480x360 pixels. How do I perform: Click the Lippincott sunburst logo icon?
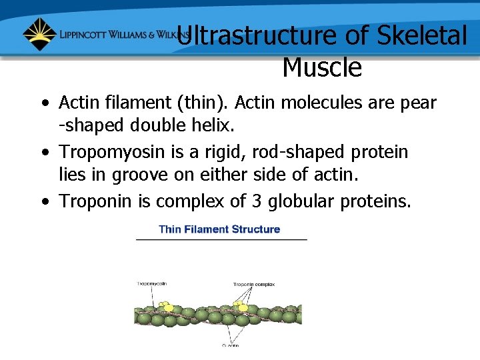[x=39, y=34]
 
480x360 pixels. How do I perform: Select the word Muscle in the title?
[x=322, y=67]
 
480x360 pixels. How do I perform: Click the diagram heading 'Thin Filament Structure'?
[x=219, y=229]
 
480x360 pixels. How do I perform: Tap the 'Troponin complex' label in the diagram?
[x=253, y=285]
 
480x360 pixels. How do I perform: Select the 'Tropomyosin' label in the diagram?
[x=152, y=283]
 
